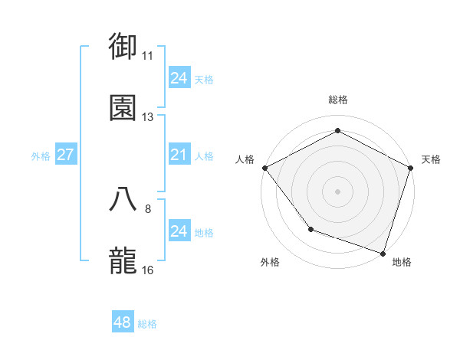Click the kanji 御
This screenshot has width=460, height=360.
pyautogui.click(x=123, y=45)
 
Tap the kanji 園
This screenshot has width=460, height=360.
pyautogui.click(x=123, y=107)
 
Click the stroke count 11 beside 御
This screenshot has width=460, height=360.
pyautogui.click(x=148, y=55)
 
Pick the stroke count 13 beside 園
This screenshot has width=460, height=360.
pyautogui.click(x=148, y=117)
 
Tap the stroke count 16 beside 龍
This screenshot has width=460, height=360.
pyautogui.click(x=148, y=270)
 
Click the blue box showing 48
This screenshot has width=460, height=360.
pyautogui.click(x=123, y=322)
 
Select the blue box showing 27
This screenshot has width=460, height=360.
pyautogui.click(x=66, y=155)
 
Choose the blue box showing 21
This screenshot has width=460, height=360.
pyautogui.click(x=179, y=155)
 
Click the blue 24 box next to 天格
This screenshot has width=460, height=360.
pyautogui.click(x=179, y=78)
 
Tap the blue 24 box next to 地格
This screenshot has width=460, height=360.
pyautogui.click(x=179, y=231)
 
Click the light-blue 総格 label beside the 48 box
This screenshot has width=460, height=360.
pyautogui.click(x=147, y=324)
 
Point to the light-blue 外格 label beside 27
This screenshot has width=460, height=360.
pyautogui.click(x=41, y=156)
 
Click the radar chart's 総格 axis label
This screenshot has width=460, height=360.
pyautogui.click(x=338, y=100)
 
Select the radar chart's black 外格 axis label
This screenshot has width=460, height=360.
pyautogui.click(x=270, y=262)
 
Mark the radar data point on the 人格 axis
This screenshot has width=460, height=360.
pyautogui.click(x=264, y=168)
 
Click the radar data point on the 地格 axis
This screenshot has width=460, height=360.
pyautogui.click(x=383, y=253)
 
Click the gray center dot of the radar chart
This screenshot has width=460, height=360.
pyautogui.click(x=338, y=191)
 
